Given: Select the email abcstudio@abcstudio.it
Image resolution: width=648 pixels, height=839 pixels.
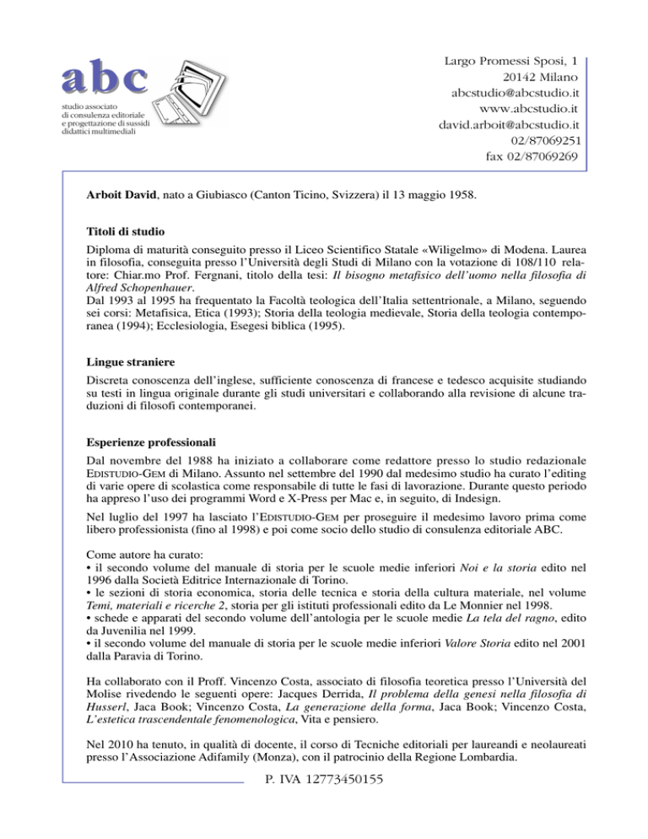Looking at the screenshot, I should pos(508,92).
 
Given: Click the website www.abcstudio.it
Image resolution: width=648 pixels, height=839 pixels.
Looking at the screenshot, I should pos(527,109).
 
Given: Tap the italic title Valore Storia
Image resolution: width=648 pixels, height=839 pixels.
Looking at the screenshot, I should pos(455,674).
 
